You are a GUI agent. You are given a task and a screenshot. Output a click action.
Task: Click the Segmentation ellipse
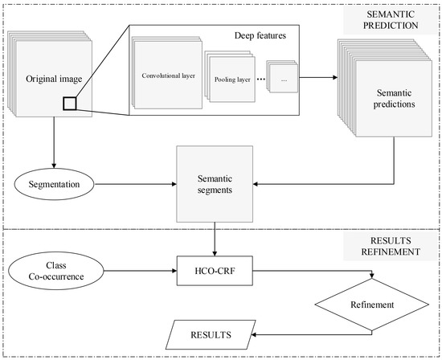(54, 184)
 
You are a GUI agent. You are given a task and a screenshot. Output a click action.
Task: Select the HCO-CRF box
(215, 271)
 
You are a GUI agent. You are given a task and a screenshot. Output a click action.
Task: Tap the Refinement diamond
(372, 305)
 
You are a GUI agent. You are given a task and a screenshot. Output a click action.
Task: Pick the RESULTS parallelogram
(211, 334)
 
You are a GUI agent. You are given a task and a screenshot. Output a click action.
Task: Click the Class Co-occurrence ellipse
(56, 271)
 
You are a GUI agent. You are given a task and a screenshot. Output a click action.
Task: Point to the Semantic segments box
(215, 184)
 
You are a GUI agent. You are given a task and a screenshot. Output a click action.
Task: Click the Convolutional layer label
(168, 76)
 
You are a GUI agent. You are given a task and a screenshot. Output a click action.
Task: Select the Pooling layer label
(232, 80)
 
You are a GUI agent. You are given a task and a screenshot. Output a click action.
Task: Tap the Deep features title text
(260, 35)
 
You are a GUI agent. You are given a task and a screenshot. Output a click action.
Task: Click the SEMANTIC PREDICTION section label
(391, 20)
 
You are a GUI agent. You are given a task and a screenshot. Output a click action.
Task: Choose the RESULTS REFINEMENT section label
(391, 246)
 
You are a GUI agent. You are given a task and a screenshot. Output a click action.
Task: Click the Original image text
(54, 79)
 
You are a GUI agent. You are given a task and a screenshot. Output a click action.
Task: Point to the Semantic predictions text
(394, 98)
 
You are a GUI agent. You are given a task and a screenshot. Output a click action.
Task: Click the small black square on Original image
(70, 104)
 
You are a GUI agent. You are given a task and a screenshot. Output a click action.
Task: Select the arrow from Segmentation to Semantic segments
(136, 184)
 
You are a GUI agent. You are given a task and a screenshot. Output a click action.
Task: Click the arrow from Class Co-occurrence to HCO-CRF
(141, 271)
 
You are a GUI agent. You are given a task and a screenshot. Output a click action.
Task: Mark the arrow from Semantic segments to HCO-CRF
(215, 239)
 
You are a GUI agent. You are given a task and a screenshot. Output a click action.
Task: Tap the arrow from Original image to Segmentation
(54, 142)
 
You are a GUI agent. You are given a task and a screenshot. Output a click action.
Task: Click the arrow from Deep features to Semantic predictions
(318, 77)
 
